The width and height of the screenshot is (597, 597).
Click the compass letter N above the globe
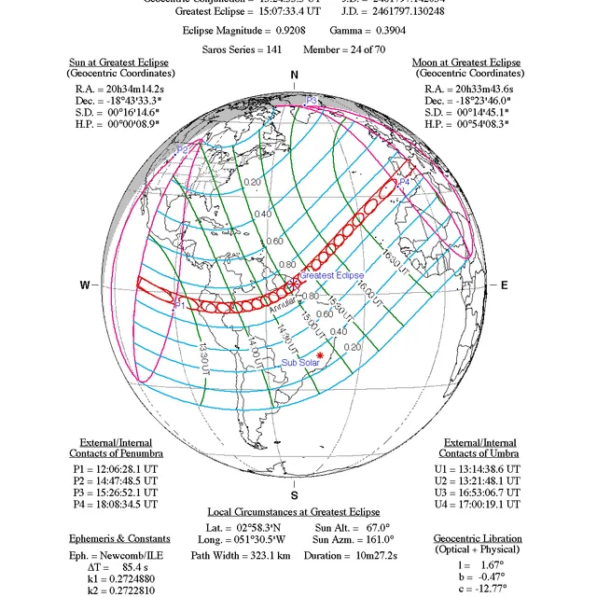tap(295, 75)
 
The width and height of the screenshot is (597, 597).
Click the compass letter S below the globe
tap(295, 495)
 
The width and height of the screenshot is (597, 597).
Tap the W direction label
tap(85, 285)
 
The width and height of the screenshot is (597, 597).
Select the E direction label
tap(505, 285)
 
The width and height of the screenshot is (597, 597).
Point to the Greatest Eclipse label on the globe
tap(331, 275)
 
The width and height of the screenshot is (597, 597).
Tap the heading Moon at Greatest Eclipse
tap(465, 62)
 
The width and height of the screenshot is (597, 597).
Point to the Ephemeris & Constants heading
tap(119, 538)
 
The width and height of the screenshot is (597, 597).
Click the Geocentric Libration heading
tap(478, 538)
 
